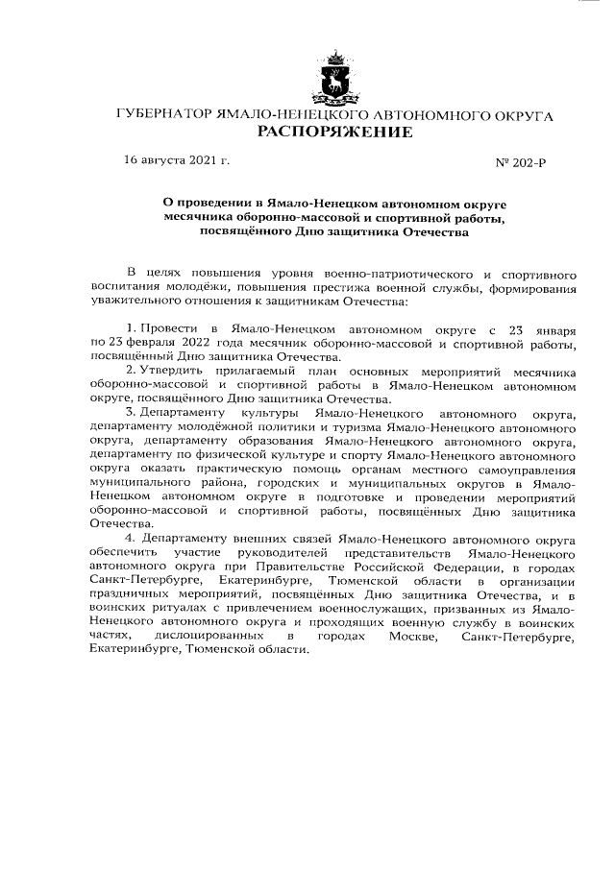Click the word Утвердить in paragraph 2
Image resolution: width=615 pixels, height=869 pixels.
coord(176,372)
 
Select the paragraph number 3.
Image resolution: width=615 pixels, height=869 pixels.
coord(131,414)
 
